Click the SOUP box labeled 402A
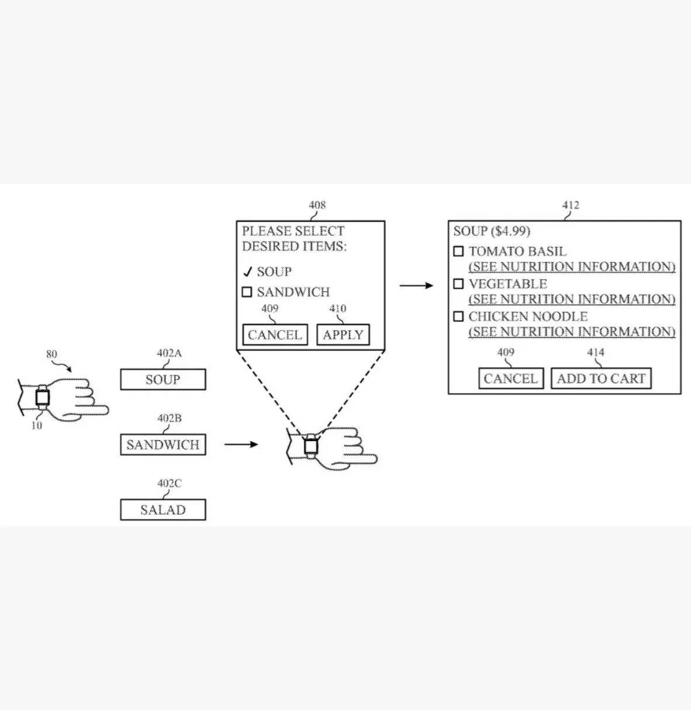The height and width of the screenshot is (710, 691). pos(163,380)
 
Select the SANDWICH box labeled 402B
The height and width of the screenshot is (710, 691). pos(163,445)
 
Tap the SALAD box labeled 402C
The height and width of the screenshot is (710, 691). pos(163,510)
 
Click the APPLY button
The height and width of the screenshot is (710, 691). pos(343,335)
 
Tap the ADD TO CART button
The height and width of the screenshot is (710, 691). pos(600,378)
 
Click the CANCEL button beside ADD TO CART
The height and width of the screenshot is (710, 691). pos(510,378)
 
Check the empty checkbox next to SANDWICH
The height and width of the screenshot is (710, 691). pos(247,292)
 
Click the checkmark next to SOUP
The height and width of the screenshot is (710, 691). pos(248,271)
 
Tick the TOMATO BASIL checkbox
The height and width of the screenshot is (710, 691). pos(458,251)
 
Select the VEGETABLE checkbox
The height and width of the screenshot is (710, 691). pos(458,284)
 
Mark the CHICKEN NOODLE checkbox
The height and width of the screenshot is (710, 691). pos(458,316)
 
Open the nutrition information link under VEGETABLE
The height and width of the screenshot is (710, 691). pos(572,299)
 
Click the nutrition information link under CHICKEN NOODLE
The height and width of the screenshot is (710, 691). pos(572,332)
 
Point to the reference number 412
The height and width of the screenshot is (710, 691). pos(571,205)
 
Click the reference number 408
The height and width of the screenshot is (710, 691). pos(317,205)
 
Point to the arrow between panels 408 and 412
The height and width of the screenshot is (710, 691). pos(416,285)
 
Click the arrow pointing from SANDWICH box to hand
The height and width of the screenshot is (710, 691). pos(241,445)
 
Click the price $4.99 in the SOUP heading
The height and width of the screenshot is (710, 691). pos(510,232)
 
